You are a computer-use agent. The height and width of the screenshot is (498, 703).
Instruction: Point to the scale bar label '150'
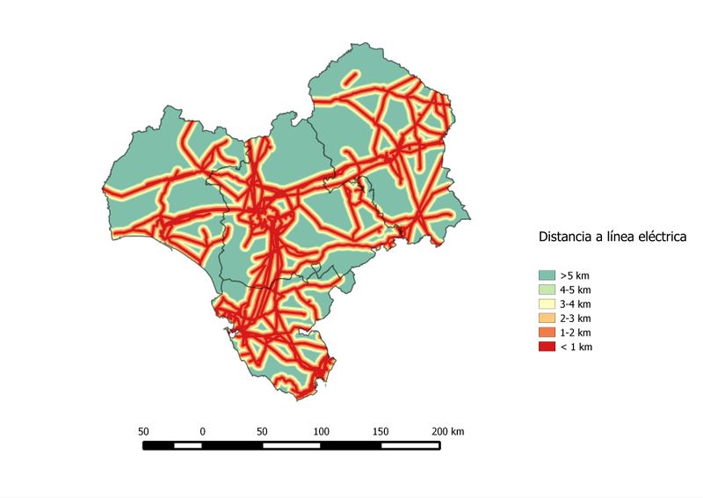(380, 431)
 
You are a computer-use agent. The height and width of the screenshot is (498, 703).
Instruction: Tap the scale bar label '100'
(322, 431)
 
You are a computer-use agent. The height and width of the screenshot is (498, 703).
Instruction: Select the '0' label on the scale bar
(203, 431)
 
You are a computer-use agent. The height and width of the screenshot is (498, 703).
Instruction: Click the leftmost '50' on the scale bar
(143, 431)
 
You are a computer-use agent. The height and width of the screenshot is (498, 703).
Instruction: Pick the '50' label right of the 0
(263, 431)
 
